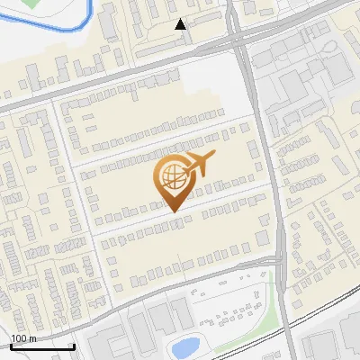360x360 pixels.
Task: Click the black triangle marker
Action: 181,24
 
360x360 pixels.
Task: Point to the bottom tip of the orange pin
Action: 171,211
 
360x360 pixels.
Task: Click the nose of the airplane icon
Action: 214,157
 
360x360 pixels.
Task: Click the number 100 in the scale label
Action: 19,338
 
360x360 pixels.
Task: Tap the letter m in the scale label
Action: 31,338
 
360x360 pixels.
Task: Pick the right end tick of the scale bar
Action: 74,346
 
